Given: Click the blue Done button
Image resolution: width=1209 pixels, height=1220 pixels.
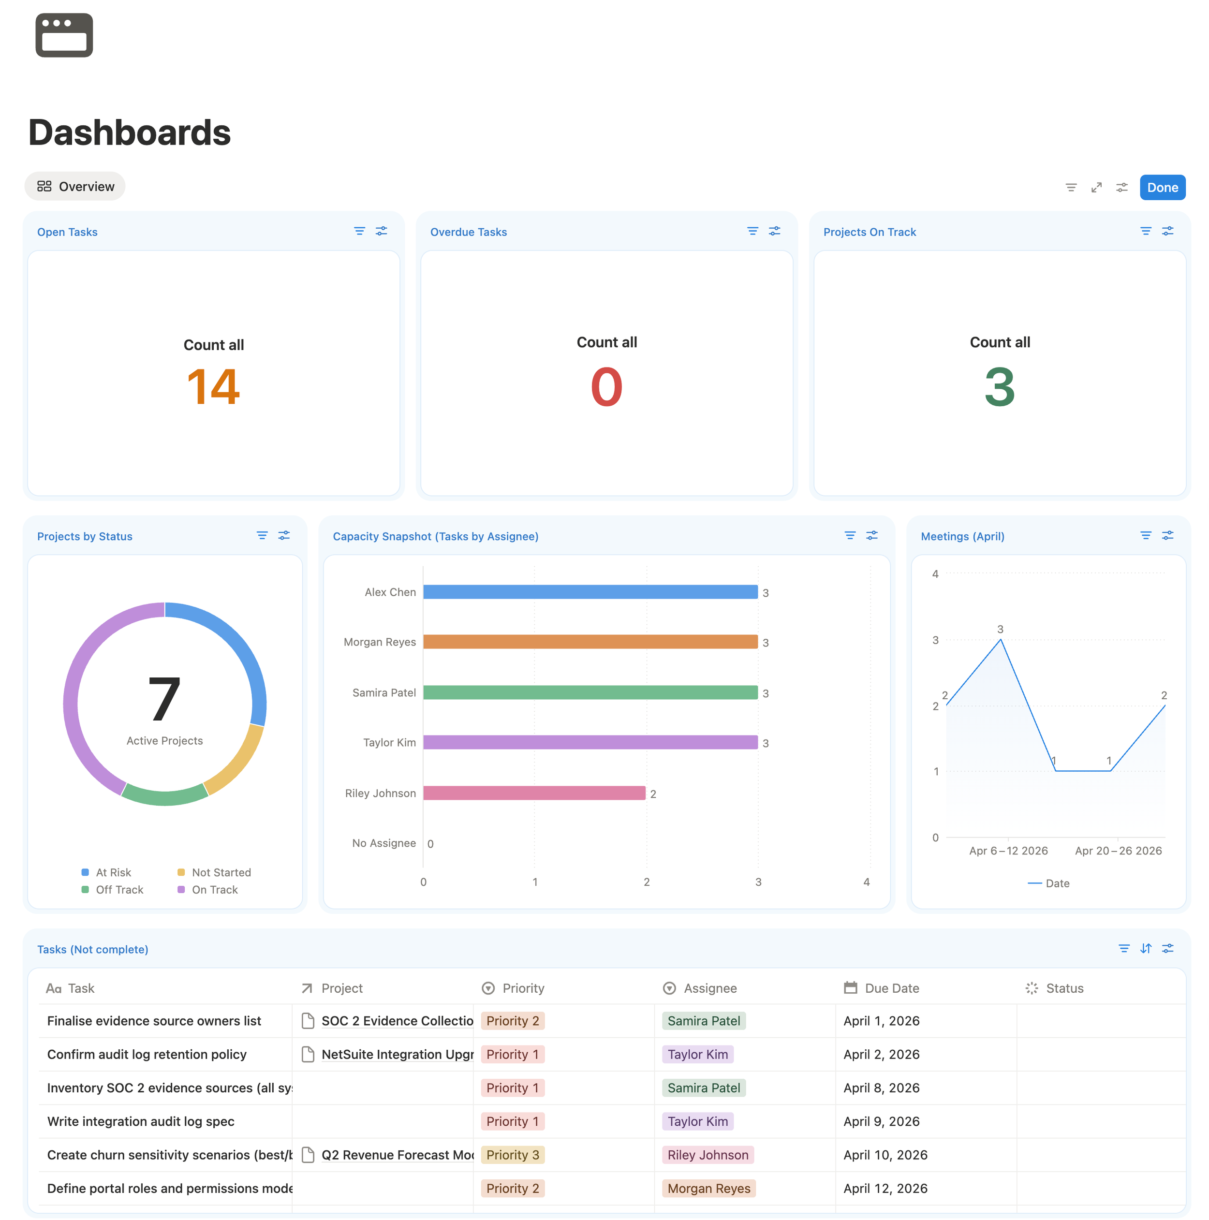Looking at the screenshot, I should [x=1162, y=188].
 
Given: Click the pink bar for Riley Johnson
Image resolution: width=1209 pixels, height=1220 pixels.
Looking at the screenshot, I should [x=534, y=793].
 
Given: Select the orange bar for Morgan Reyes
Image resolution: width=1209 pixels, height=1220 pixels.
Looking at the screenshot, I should [x=590, y=642].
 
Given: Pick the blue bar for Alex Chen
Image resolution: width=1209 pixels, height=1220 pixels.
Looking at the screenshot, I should [x=590, y=592].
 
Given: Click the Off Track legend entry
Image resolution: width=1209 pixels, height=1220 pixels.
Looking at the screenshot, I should [x=119, y=890].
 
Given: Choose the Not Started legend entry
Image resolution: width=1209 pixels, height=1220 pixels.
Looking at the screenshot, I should [x=221, y=873].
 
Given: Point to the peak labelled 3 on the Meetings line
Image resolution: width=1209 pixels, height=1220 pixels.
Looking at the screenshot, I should [x=1000, y=640].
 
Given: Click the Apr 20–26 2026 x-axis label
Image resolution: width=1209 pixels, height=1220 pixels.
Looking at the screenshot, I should [x=1118, y=851].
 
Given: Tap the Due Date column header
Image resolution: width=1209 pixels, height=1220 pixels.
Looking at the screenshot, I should [x=891, y=988].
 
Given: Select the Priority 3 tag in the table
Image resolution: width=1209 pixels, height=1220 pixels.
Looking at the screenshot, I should [x=512, y=1155].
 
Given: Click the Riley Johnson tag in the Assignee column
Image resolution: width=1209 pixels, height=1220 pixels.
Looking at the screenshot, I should [x=708, y=1155].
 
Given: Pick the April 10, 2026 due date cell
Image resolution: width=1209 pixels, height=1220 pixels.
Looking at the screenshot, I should [x=885, y=1155].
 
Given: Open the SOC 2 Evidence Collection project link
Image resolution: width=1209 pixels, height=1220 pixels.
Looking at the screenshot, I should [x=397, y=1021].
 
